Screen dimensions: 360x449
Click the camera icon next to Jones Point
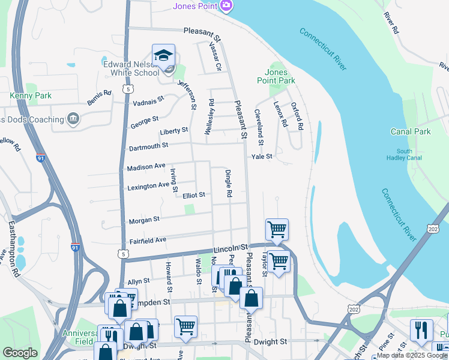tap(226, 6)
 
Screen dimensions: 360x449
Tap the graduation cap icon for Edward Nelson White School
tap(163, 55)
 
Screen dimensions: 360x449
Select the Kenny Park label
tap(31, 95)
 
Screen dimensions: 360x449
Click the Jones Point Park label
tap(276, 76)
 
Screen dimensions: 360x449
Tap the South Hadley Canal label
tap(409, 155)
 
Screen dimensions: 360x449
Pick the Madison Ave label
tap(146, 167)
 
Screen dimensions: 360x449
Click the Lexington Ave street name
tap(148, 187)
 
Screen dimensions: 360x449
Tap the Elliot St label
tap(194, 195)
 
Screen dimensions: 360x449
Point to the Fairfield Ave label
tap(148, 240)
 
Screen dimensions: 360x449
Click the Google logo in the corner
tap(20, 353)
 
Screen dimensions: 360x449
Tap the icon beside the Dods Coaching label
tap(73, 119)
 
